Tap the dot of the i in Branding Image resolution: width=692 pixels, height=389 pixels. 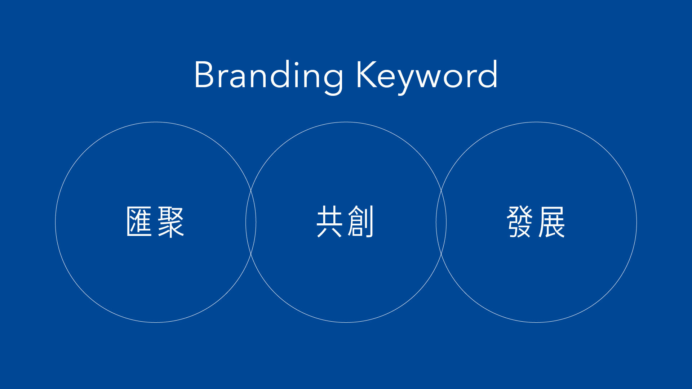[x=296, y=63]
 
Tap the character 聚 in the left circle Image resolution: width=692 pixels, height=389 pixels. [x=171, y=222]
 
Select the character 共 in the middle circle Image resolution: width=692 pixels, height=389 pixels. [x=329, y=222]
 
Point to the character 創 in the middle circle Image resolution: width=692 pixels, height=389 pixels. [x=360, y=222]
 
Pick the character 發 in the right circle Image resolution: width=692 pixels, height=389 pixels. [x=520, y=222]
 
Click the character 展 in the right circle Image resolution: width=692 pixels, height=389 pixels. [x=551, y=222]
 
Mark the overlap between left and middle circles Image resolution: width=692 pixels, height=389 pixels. [x=251, y=222]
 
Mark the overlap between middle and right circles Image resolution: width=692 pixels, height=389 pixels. [x=441, y=222]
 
